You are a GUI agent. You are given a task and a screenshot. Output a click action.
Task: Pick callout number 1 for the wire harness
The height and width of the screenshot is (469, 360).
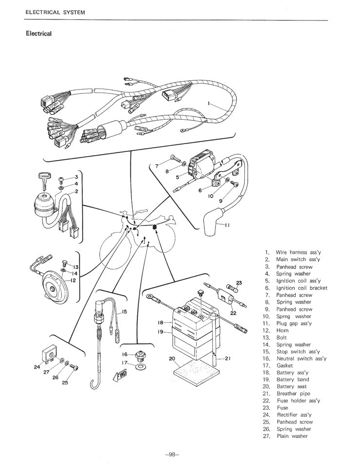pos(209,104)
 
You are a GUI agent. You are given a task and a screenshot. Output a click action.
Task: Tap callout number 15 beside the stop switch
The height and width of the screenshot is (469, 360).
pos(124,311)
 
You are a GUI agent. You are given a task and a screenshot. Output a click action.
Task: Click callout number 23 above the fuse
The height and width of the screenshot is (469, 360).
pos(239,283)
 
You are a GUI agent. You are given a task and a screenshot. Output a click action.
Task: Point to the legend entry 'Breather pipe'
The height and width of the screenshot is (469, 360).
pos(293,394)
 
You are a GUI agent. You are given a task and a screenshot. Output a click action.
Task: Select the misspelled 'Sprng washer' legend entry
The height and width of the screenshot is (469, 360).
pos(293,316)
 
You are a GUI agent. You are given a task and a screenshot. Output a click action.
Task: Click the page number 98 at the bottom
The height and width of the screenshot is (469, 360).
pos(172,454)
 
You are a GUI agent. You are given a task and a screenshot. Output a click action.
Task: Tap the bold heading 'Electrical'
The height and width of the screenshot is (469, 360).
pos(38,34)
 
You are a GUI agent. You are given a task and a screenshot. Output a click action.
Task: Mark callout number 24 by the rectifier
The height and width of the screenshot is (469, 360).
pos(37,367)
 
